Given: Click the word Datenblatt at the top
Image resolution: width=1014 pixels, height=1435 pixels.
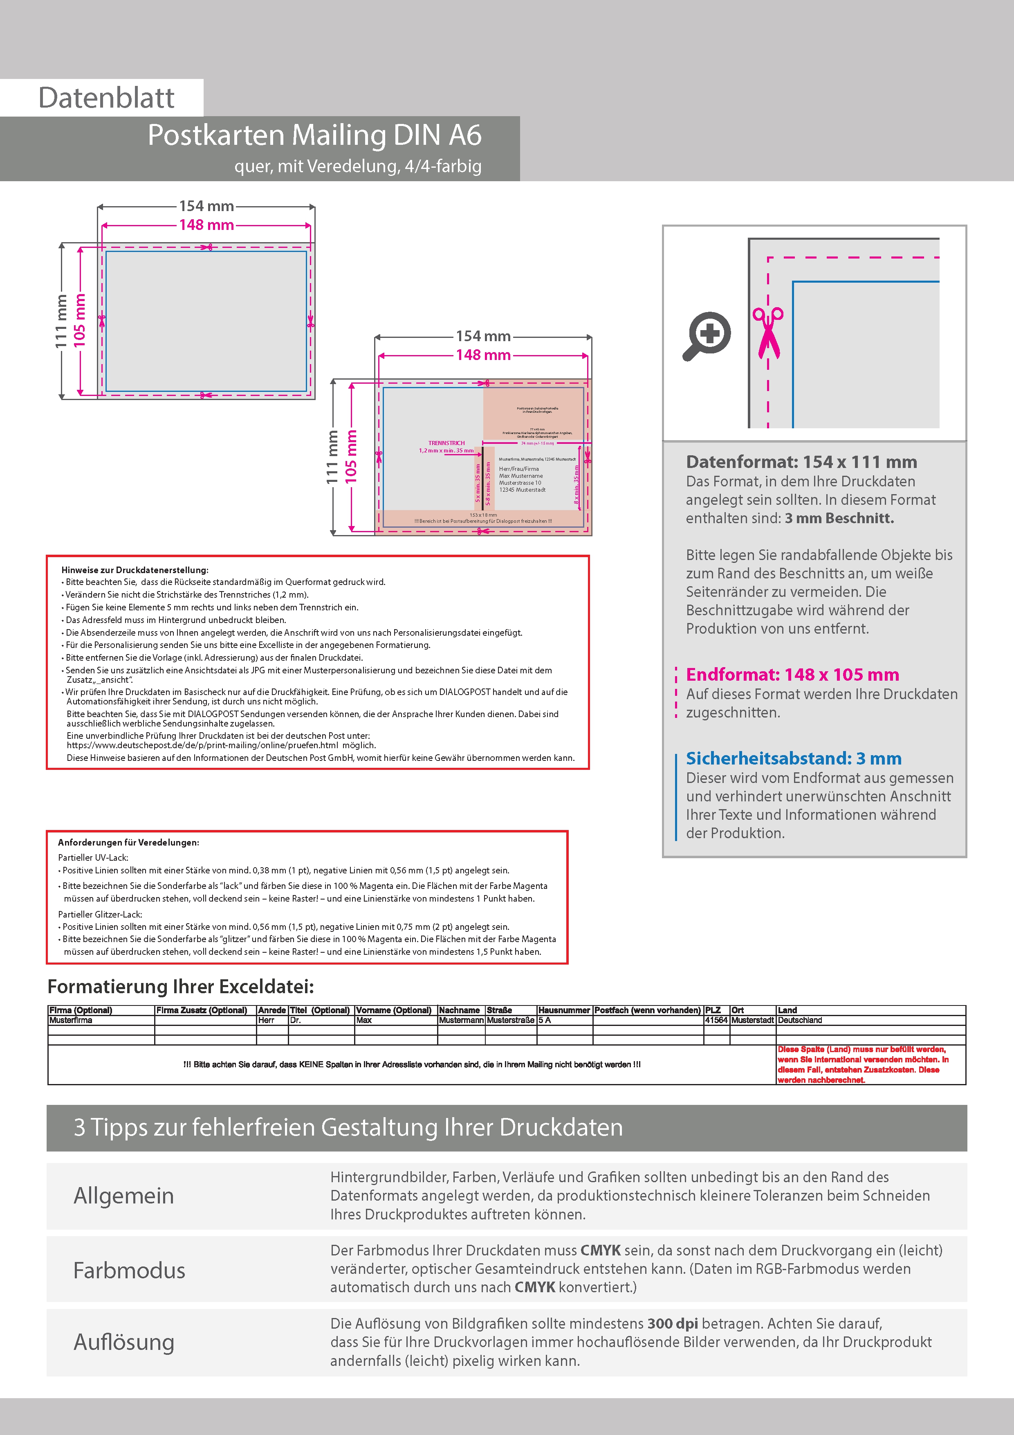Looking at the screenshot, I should tap(106, 98).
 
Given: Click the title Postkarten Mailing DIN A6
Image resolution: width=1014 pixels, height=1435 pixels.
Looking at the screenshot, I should tap(314, 135).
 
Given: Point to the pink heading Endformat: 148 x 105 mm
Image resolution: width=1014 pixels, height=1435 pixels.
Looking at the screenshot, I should tap(792, 675).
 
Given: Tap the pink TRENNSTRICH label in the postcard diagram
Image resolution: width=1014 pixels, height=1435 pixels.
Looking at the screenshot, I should tap(446, 443).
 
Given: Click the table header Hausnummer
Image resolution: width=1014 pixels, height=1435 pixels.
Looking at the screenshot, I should tap(563, 1010).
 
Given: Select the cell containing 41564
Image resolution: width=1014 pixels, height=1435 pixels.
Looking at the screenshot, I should tap(716, 1020).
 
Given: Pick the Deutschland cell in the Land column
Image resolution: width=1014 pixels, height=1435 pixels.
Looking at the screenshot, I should tap(800, 1020).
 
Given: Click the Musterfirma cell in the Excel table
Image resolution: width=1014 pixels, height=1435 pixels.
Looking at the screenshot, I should tap(71, 1020).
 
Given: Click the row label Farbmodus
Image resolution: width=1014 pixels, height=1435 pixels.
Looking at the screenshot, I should tap(129, 1271).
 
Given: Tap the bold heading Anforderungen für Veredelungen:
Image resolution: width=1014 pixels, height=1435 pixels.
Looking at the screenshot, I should tap(129, 843).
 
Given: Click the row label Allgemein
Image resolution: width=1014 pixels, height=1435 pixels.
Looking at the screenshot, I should tap(124, 1196).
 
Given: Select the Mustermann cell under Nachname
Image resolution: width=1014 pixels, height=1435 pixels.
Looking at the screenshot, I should tap(461, 1020).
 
